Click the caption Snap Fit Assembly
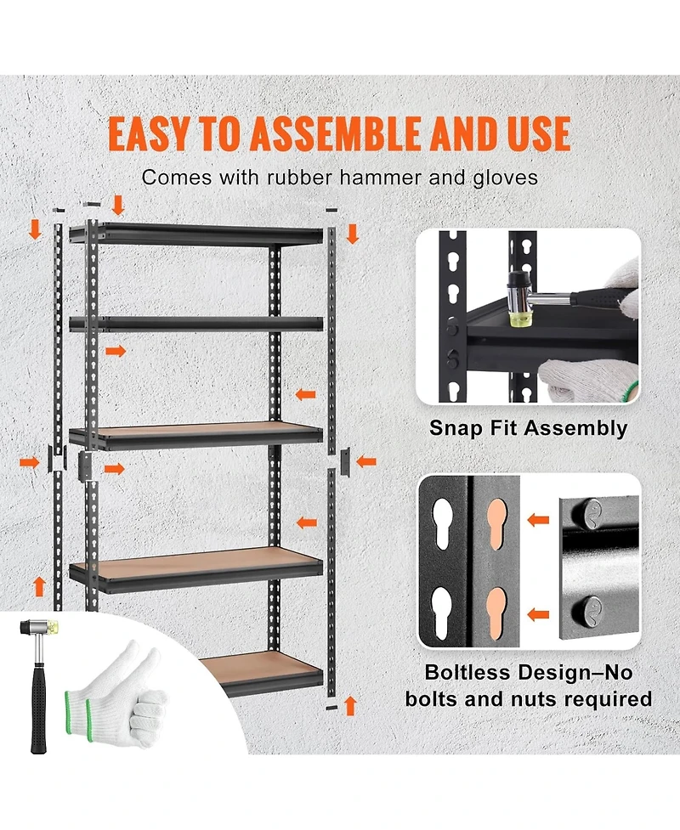pyautogui.click(x=527, y=428)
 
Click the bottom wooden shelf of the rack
pyautogui.click(x=255, y=671)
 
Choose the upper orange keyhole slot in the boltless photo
pyautogui.click(x=495, y=527)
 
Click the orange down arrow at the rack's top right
pyautogui.click(x=352, y=233)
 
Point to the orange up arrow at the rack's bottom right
pyautogui.click(x=348, y=704)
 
